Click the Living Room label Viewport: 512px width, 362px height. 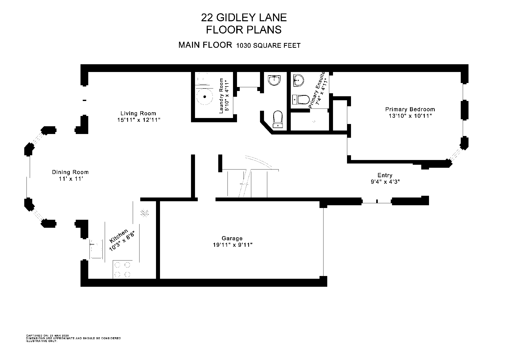pos(138,113)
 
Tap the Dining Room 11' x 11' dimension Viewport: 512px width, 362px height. pos(70,179)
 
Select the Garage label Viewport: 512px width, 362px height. pos(232,238)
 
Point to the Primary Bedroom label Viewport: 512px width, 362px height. pos(410,109)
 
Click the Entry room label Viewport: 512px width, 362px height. pos(385,175)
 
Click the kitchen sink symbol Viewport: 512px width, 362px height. pos(96,249)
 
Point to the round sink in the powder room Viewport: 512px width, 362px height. pos(274,80)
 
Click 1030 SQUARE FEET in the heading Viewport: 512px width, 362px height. pos(268,45)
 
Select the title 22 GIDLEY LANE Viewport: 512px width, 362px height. pos(244,17)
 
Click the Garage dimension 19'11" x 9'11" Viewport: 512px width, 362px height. pos(232,245)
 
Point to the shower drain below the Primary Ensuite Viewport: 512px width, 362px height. pos(314,121)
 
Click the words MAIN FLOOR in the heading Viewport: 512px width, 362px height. pos(205,45)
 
